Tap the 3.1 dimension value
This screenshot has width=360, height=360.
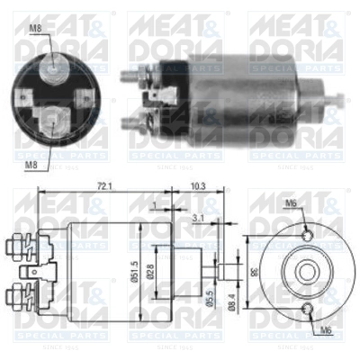pos(196,217)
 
